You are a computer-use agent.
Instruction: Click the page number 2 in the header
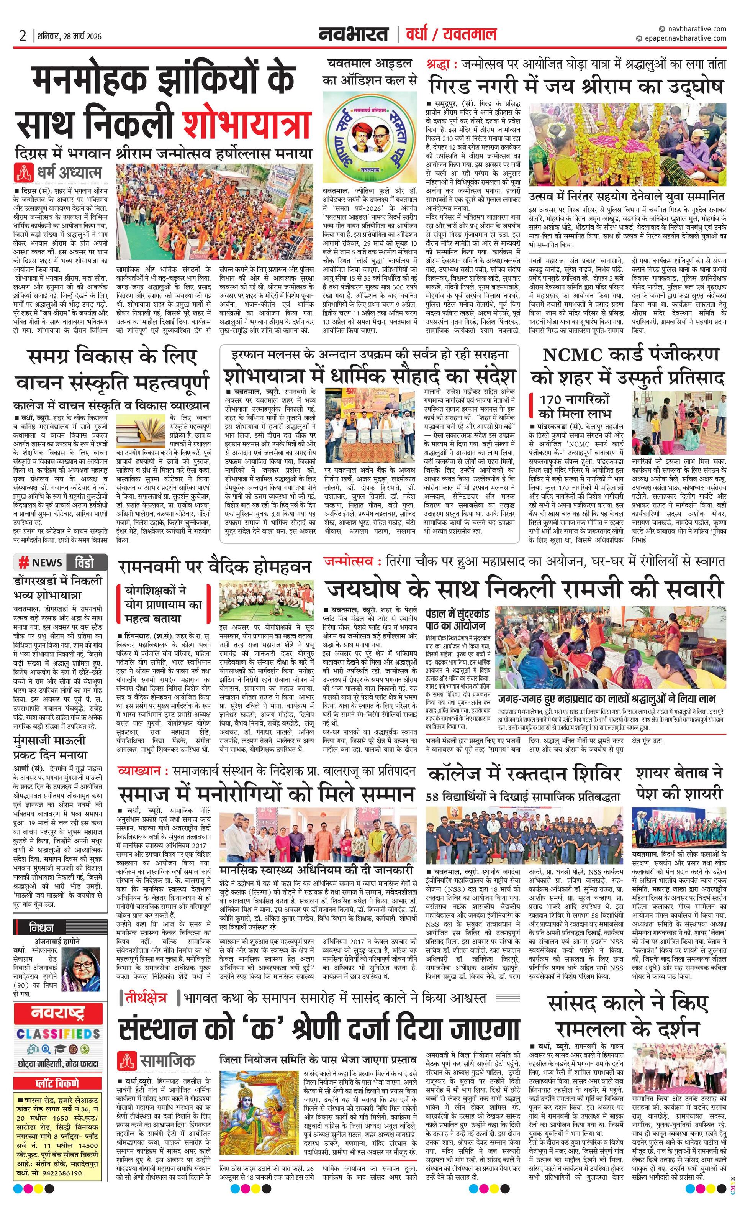[22, 36]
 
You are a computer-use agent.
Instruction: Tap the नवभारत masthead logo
[353, 35]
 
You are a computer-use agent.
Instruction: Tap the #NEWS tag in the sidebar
[41, 563]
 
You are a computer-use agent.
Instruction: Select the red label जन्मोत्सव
[351, 561]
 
